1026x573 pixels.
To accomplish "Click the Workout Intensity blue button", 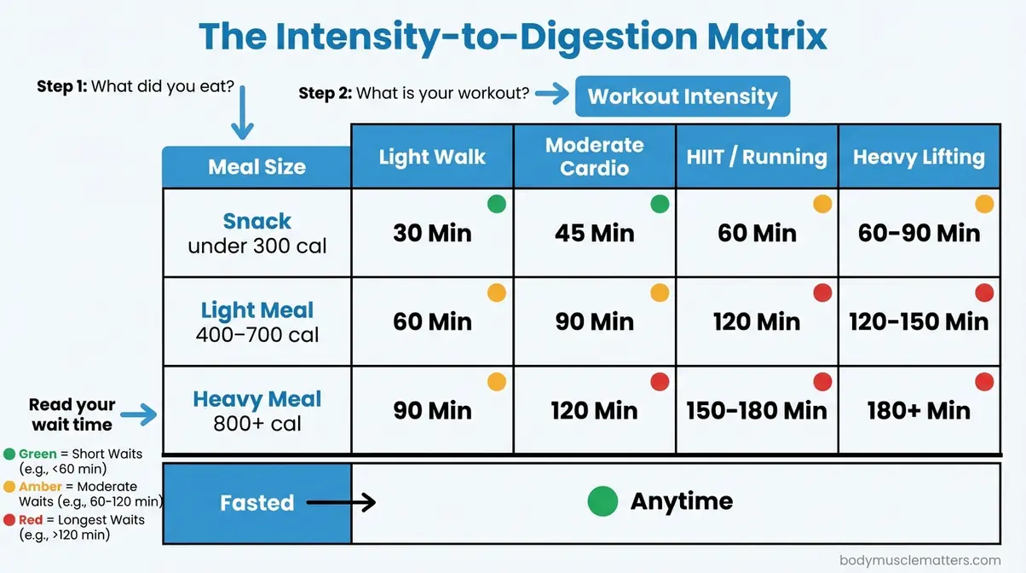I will [683, 96].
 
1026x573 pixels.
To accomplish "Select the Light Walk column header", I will [432, 157].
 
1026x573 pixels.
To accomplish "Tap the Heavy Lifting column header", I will [919, 157].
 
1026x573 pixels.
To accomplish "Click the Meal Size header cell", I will [256, 166].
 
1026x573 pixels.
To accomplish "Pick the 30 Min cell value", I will [432, 233].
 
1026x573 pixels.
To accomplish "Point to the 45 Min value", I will [594, 233].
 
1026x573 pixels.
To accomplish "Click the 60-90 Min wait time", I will [919, 233].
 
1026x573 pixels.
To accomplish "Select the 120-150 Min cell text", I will [919, 321].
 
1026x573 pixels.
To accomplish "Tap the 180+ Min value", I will [919, 410].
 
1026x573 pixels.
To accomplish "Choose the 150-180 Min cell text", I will [757, 410].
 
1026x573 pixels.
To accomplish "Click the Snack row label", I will [256, 222].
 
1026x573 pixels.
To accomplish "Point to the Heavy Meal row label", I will [256, 399].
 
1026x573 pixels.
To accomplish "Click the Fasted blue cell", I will [256, 502].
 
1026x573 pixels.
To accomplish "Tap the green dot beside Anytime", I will [602, 501].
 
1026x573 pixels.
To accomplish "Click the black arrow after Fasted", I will [341, 502].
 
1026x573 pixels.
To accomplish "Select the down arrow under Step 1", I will [242, 119].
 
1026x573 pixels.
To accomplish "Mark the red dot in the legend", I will [9, 520].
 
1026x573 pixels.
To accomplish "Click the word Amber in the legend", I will [40, 487].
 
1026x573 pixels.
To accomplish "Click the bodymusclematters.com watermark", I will [919, 560].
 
